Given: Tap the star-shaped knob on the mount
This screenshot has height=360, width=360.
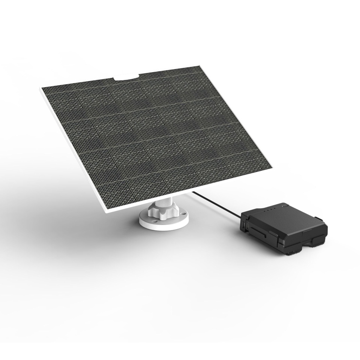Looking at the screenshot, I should tap(160, 211).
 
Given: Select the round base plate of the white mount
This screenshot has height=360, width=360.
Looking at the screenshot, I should tap(164, 222).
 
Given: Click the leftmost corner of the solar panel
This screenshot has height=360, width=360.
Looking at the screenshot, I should tap(40, 88).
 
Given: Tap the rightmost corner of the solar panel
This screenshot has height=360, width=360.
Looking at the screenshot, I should tap(273, 167).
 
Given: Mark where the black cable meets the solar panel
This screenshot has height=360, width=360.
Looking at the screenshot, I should tap(192, 192).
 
